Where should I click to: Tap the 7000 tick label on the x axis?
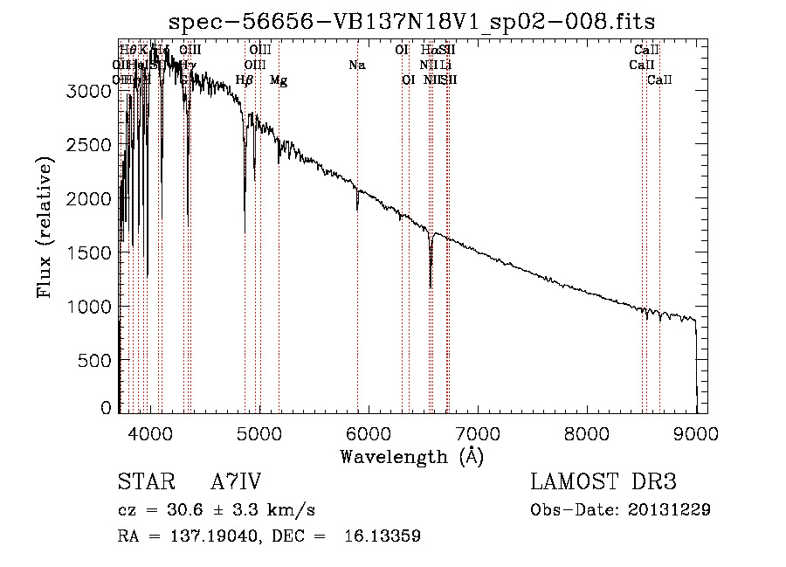coord(478,432)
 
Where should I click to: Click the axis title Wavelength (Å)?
coord(411,456)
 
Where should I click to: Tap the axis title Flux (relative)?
coord(45,226)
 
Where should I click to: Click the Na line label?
coord(356,66)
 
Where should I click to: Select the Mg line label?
coord(279,80)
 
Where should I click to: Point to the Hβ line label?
coord(245,80)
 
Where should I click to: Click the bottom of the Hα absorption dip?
coord(431,285)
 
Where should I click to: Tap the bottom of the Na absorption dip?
coord(357,209)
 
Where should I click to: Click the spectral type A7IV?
coord(236,482)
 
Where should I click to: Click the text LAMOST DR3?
coord(603,482)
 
